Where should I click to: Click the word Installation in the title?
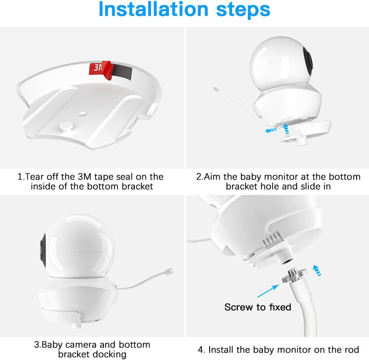pos(153,9)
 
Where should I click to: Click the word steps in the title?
pos(243,10)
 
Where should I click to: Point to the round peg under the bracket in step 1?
pos(66,126)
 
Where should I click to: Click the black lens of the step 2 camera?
pos(308,61)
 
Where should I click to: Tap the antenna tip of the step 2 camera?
pos(215,88)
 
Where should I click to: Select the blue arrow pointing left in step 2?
pos(271,130)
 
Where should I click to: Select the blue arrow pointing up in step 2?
pos(286,129)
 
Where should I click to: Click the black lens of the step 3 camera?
pos(43,250)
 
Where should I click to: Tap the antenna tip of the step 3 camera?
pos(170,271)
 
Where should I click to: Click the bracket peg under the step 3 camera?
pos(78,325)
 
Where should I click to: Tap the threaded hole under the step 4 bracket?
pos(287,262)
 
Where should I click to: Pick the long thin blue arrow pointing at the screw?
pos(268,291)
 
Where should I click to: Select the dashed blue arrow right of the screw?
pos(317,270)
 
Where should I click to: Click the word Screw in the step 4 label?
pos(239,307)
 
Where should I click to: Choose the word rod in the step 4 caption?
pos(352,350)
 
